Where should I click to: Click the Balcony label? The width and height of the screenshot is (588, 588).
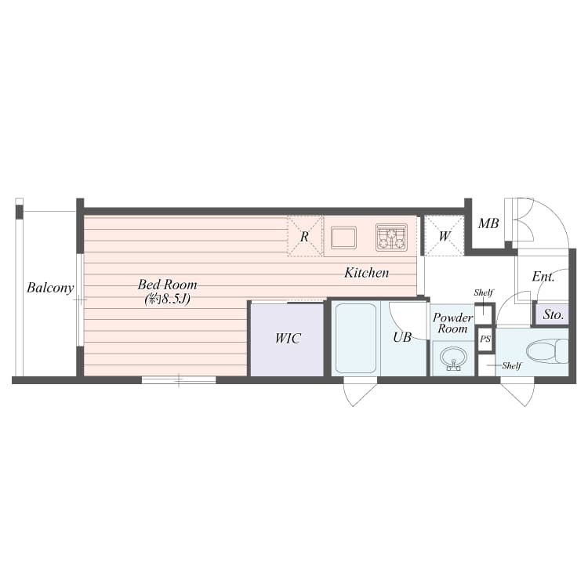tap(50, 288)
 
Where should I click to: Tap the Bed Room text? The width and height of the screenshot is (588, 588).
tap(167, 285)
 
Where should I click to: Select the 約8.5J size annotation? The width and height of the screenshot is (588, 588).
tap(168, 299)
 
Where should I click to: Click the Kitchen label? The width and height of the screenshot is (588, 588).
tap(367, 273)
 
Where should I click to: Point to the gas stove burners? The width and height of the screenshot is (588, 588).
tap(391, 238)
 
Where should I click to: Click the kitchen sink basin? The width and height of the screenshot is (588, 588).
tap(343, 238)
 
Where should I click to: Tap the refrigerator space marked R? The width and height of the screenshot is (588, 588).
tap(305, 236)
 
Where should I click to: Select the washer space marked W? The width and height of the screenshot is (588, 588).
tap(445, 236)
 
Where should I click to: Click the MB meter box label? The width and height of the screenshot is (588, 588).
tap(488, 224)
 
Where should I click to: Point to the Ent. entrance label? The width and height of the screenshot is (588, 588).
tap(543, 277)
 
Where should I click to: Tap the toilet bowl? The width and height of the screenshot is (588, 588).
tap(547, 351)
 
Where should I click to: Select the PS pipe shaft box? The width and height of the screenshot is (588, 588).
tap(485, 339)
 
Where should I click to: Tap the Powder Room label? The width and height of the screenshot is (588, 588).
tap(452, 323)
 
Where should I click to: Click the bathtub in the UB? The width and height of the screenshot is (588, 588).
tap(355, 339)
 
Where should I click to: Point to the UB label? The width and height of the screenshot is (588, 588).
tap(402, 337)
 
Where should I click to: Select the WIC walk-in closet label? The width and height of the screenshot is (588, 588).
tap(288, 338)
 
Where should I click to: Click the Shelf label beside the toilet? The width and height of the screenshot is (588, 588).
tap(511, 365)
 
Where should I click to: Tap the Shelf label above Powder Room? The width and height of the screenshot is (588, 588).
tap(484, 292)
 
